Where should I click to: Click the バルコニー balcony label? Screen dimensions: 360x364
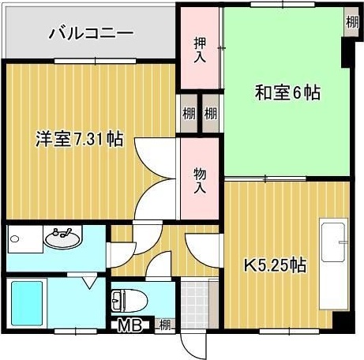[91, 33]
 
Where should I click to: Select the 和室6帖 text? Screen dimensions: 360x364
[287, 93]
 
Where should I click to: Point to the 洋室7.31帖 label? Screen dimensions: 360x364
[79, 140]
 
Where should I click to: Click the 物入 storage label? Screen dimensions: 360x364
[200, 179]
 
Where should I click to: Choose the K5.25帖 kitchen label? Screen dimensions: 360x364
[274, 265]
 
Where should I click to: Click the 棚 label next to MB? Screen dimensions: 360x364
[164, 324]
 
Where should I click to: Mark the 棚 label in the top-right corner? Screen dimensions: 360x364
[351, 21]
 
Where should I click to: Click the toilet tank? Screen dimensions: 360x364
[118, 300]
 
